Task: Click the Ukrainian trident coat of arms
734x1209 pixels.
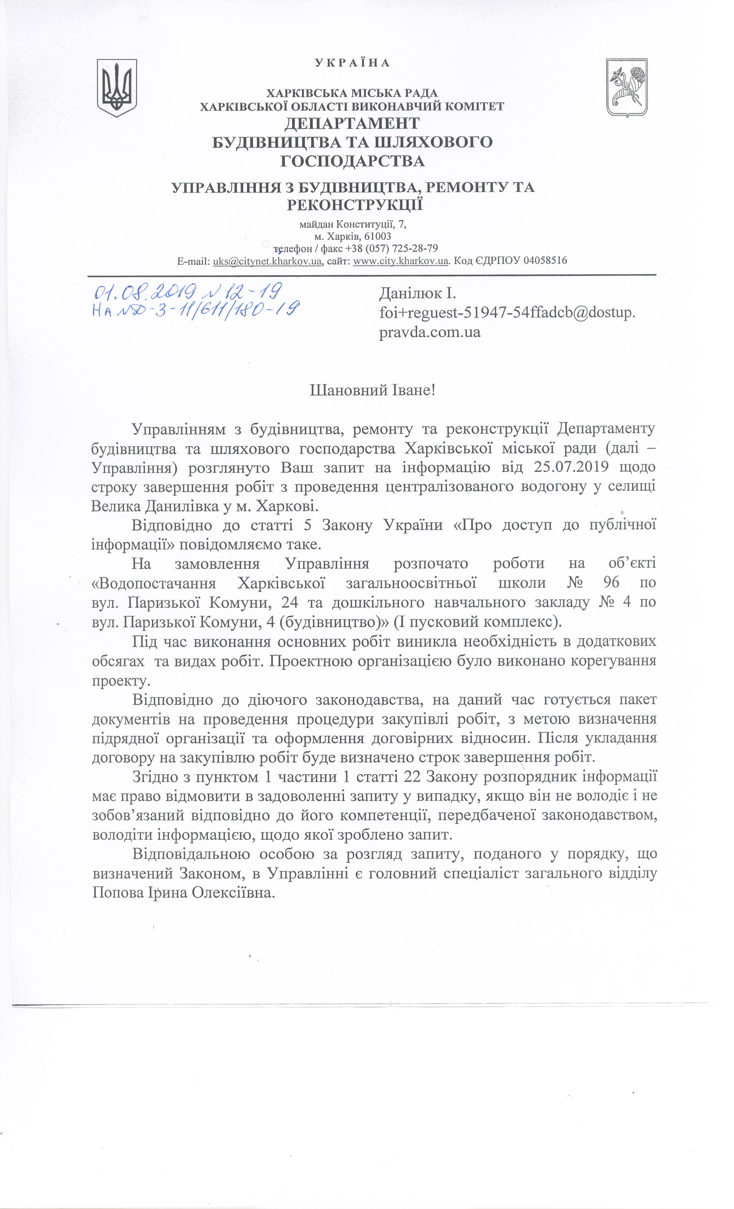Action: (x=116, y=88)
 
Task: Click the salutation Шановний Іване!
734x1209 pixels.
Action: (x=372, y=391)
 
